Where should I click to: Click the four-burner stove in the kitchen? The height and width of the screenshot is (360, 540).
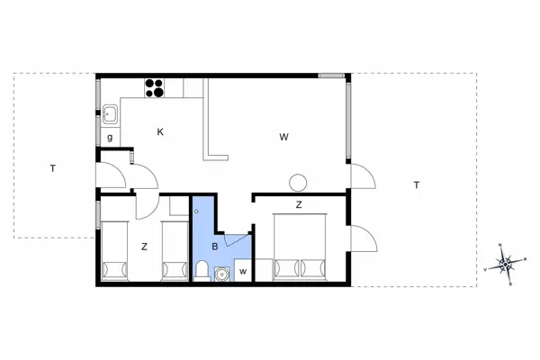pyautogui.click(x=155, y=87)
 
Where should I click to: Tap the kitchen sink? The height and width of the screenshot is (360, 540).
pyautogui.click(x=110, y=113)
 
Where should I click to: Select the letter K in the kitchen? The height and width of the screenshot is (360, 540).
pyautogui.click(x=160, y=132)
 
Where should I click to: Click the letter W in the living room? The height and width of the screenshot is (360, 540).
pyautogui.click(x=283, y=137)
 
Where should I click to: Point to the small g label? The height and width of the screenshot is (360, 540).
pyautogui.click(x=110, y=138)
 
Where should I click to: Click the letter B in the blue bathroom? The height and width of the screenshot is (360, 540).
pyautogui.click(x=215, y=245)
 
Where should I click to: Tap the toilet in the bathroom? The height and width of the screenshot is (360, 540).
pyautogui.click(x=202, y=269)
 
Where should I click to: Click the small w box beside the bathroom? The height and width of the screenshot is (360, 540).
pyautogui.click(x=242, y=271)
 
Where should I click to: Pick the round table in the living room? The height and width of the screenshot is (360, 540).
pyautogui.click(x=297, y=183)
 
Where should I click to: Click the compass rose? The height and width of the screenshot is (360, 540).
pyautogui.click(x=505, y=265)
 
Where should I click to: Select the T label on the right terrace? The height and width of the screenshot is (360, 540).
pyautogui.click(x=416, y=185)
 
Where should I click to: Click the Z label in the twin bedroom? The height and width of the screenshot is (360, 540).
pyautogui.click(x=143, y=245)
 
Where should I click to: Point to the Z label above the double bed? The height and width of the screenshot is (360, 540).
pyautogui.click(x=298, y=205)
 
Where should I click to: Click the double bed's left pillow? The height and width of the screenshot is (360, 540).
pyautogui.click(x=286, y=267)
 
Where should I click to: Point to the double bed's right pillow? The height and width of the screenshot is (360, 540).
pyautogui.click(x=312, y=267)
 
